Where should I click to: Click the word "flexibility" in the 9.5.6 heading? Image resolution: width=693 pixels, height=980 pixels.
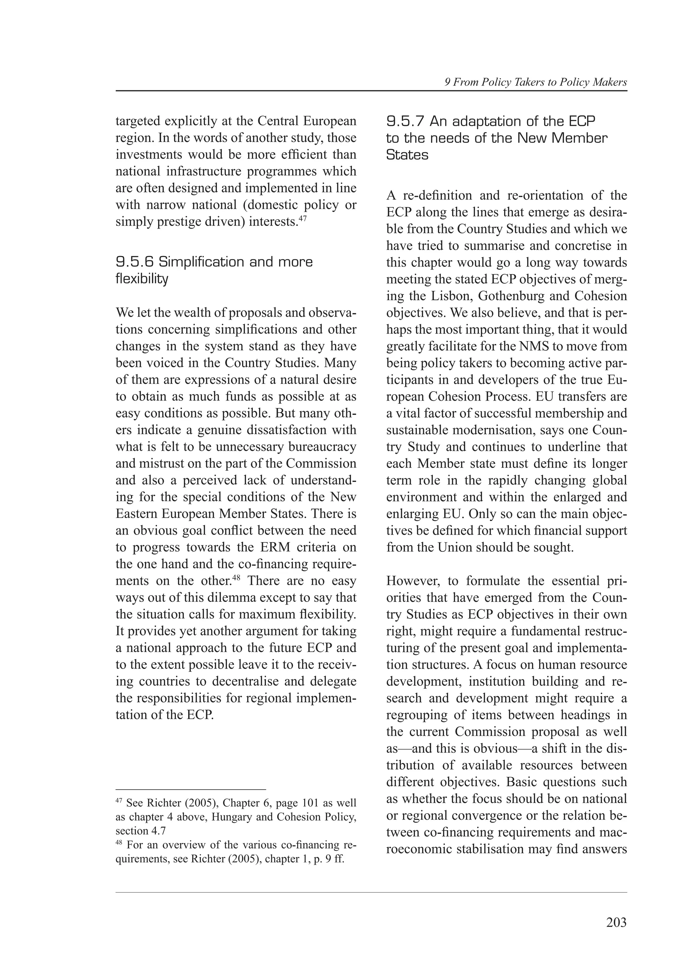coord(142,279)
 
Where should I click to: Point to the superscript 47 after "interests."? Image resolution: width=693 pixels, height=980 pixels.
coord(302,218)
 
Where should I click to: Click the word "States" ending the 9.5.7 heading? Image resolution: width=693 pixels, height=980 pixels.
coord(407,155)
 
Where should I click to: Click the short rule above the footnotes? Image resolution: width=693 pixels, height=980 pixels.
coord(191,790)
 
